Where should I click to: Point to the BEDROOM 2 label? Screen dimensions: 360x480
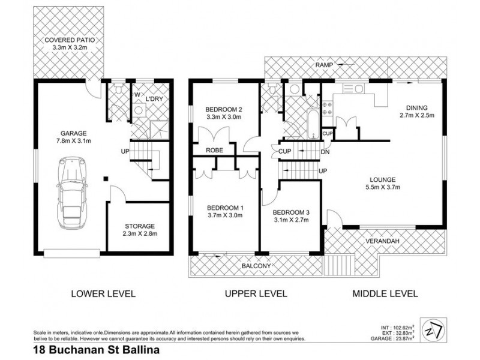(224, 109)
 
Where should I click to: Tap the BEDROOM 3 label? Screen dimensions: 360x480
(292, 212)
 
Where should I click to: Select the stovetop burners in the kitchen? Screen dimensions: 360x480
(328, 109)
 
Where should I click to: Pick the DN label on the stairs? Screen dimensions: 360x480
(325, 152)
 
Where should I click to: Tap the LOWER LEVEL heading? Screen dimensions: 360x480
(103, 294)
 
